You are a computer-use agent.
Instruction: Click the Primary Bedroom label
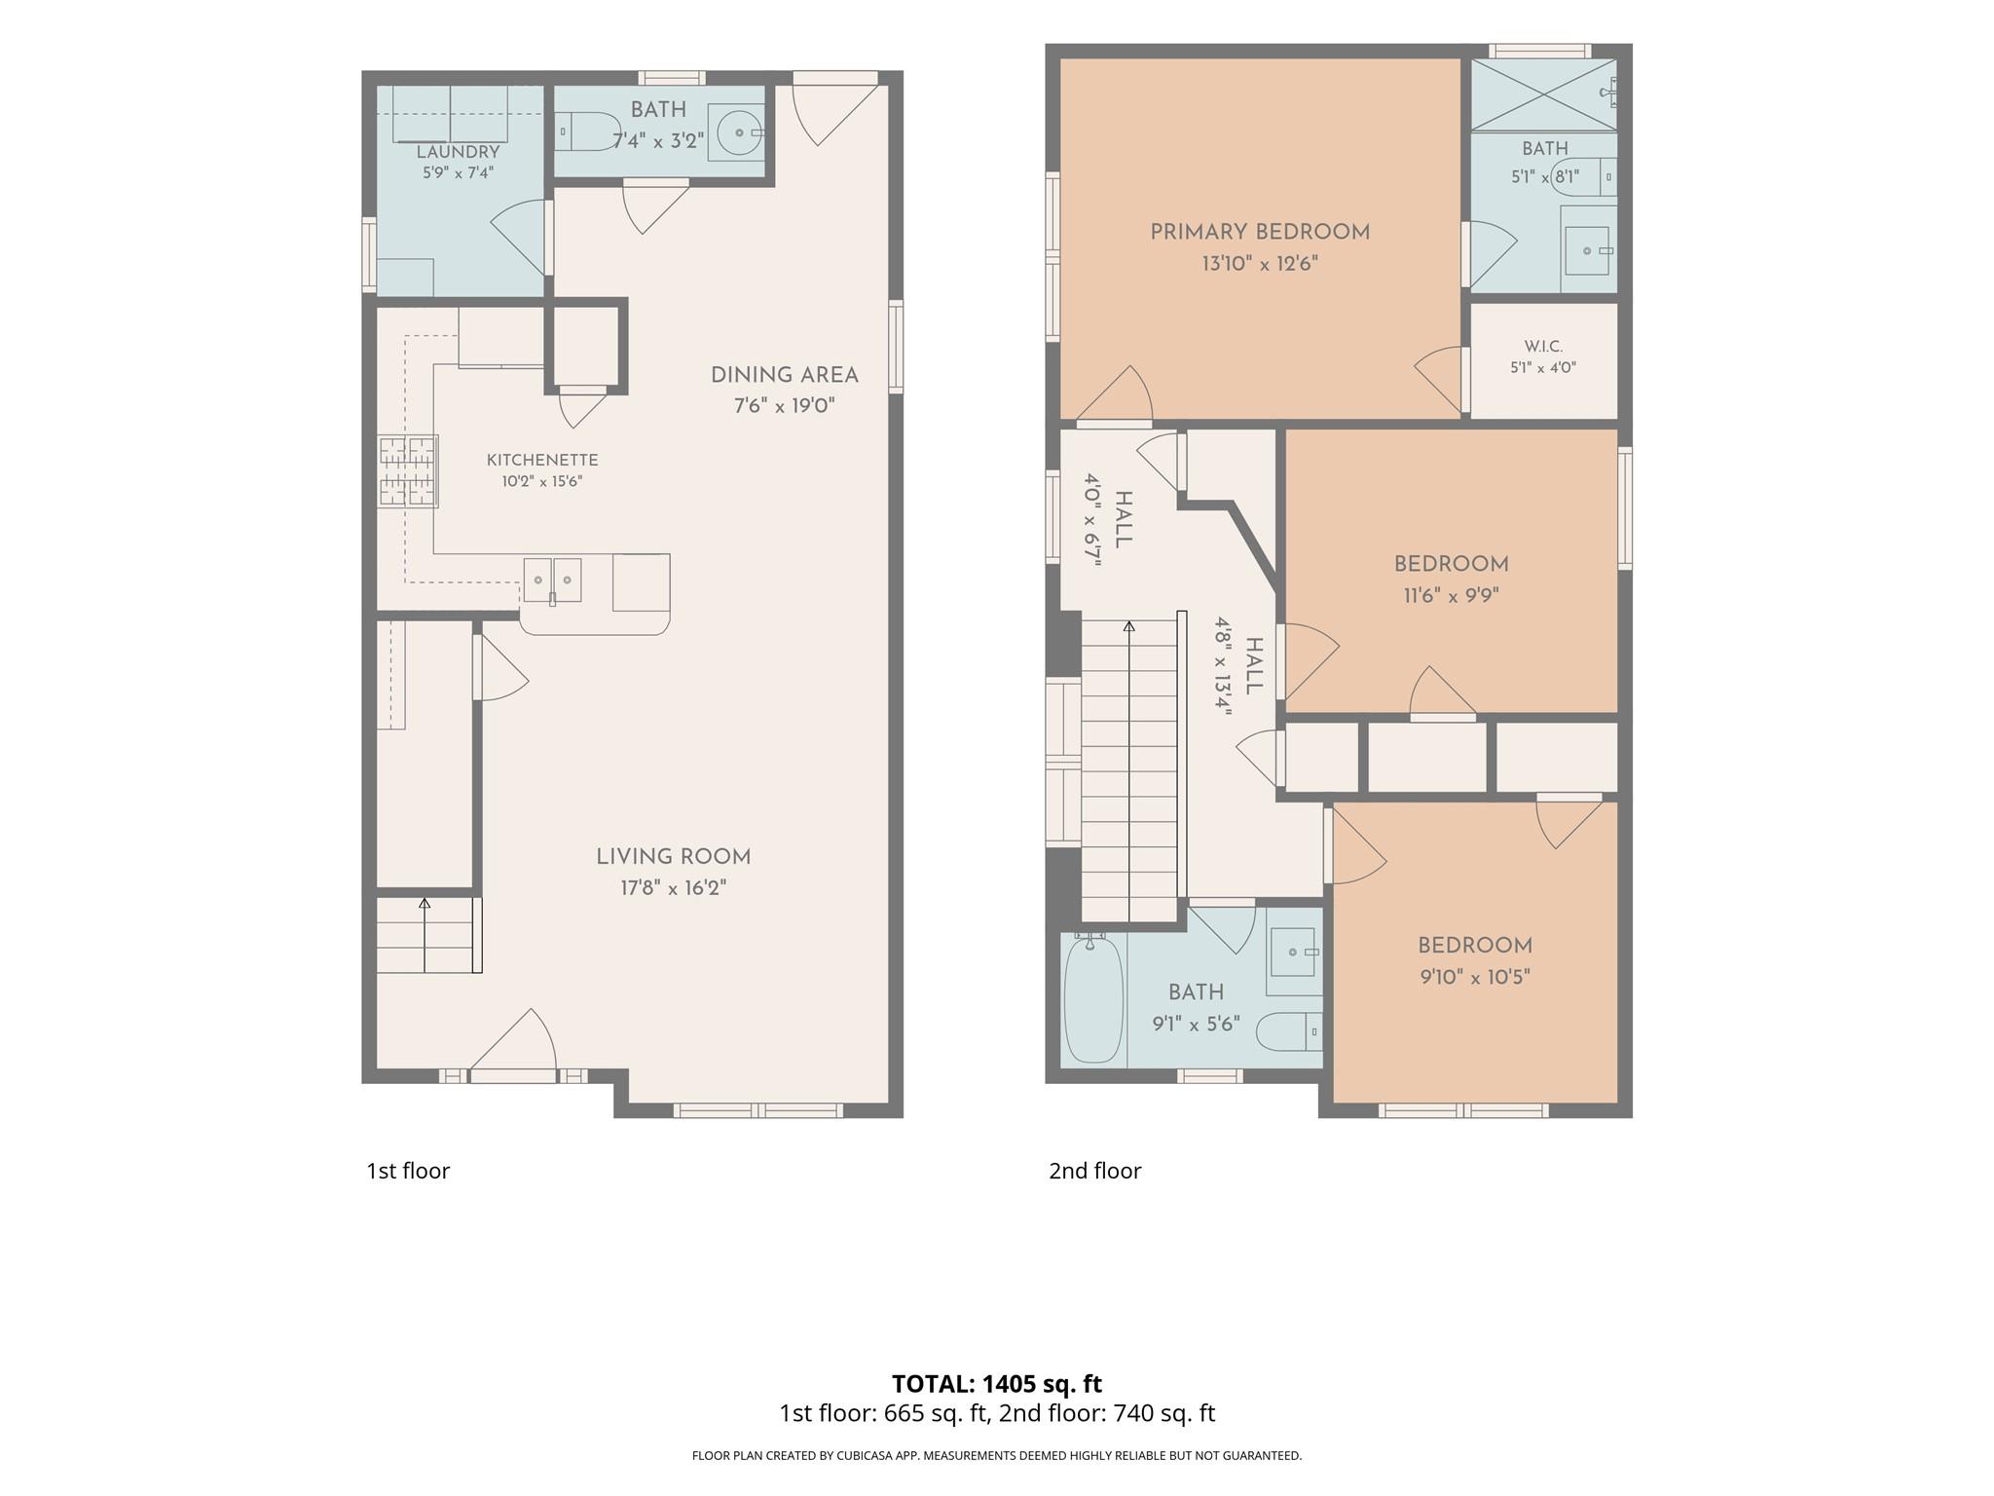click(x=1260, y=232)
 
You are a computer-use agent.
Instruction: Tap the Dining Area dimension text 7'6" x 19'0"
click(x=785, y=405)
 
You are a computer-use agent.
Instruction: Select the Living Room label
click(x=674, y=857)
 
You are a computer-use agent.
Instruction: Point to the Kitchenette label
click(x=542, y=460)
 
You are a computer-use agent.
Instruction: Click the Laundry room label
click(x=458, y=152)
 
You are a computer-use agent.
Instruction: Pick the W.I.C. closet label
click(x=1543, y=347)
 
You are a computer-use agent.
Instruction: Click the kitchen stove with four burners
click(x=408, y=471)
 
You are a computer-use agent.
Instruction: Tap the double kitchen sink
click(x=552, y=580)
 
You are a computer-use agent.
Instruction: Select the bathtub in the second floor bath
click(x=1093, y=998)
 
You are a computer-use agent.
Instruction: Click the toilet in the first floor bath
click(x=588, y=131)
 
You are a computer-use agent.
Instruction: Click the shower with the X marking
click(x=1543, y=94)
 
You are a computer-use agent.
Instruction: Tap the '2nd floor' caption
click(x=1094, y=1171)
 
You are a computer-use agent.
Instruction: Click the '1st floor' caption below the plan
click(x=408, y=1171)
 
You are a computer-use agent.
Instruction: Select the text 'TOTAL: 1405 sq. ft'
click(x=997, y=1383)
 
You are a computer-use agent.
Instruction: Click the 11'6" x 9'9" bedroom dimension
click(x=1451, y=595)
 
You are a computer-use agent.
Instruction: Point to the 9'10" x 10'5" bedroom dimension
click(x=1475, y=977)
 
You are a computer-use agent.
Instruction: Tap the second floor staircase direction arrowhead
click(x=1129, y=625)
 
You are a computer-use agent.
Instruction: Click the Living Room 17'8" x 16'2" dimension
click(x=674, y=888)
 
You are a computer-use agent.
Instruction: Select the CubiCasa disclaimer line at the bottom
click(x=997, y=1456)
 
